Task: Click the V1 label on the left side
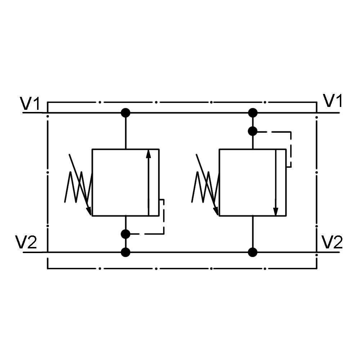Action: click(30, 103)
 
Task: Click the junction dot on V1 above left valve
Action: click(125, 113)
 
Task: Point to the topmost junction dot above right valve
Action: click(253, 113)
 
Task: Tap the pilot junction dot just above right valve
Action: click(253, 131)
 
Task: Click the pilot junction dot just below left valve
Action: click(125, 234)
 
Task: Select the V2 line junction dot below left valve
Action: click(125, 252)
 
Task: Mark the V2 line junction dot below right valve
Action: click(253, 252)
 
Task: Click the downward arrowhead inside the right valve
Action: click(276, 211)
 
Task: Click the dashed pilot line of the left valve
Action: click(164, 220)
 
